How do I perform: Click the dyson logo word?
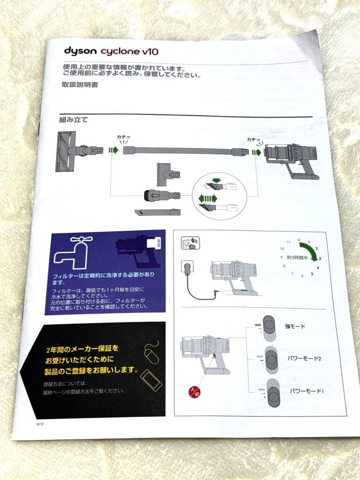point(80,51)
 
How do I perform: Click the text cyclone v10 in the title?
point(129,52)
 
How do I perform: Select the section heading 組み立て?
point(73,120)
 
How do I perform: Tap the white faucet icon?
point(73,251)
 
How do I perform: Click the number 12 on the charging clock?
point(300,240)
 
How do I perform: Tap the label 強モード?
point(295,326)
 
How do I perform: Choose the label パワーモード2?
point(305,359)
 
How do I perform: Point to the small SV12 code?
point(40,424)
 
